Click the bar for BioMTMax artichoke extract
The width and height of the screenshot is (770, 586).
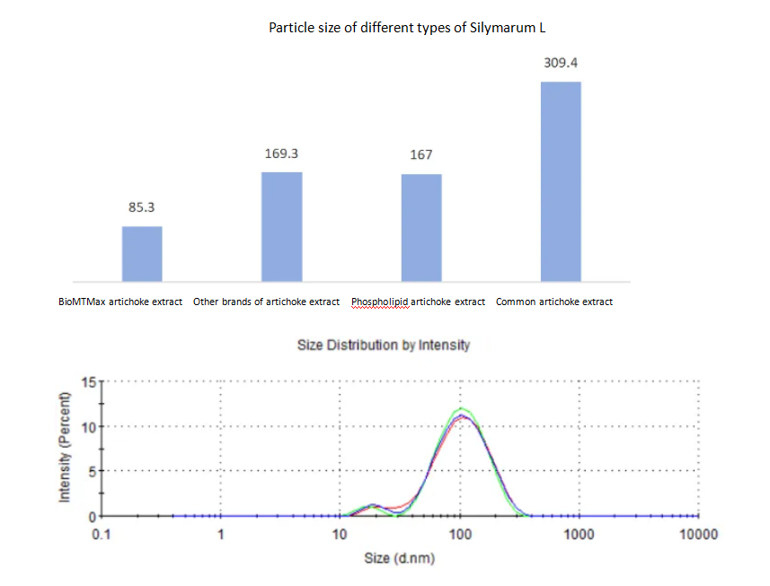tap(142, 253)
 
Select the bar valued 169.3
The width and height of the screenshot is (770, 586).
tap(281, 226)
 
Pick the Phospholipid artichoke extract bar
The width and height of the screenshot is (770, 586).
tap(420, 227)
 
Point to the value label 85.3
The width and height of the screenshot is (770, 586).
tap(141, 207)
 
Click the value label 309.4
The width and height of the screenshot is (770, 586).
tap(560, 64)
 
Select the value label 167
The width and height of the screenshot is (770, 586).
tap(420, 154)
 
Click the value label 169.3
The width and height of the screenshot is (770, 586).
tap(281, 153)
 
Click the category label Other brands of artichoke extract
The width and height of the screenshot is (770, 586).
tap(267, 302)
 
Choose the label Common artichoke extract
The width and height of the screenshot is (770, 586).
tap(554, 302)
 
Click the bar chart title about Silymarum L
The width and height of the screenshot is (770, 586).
tap(407, 27)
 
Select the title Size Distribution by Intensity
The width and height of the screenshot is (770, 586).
tap(384, 345)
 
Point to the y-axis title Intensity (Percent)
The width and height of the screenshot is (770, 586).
tap(65, 448)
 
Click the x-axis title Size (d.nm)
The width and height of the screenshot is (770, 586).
tap(400, 558)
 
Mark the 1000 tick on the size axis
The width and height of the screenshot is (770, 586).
tap(580, 535)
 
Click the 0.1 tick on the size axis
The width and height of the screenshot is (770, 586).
tap(101, 535)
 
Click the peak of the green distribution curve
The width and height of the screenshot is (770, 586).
tap(461, 408)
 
